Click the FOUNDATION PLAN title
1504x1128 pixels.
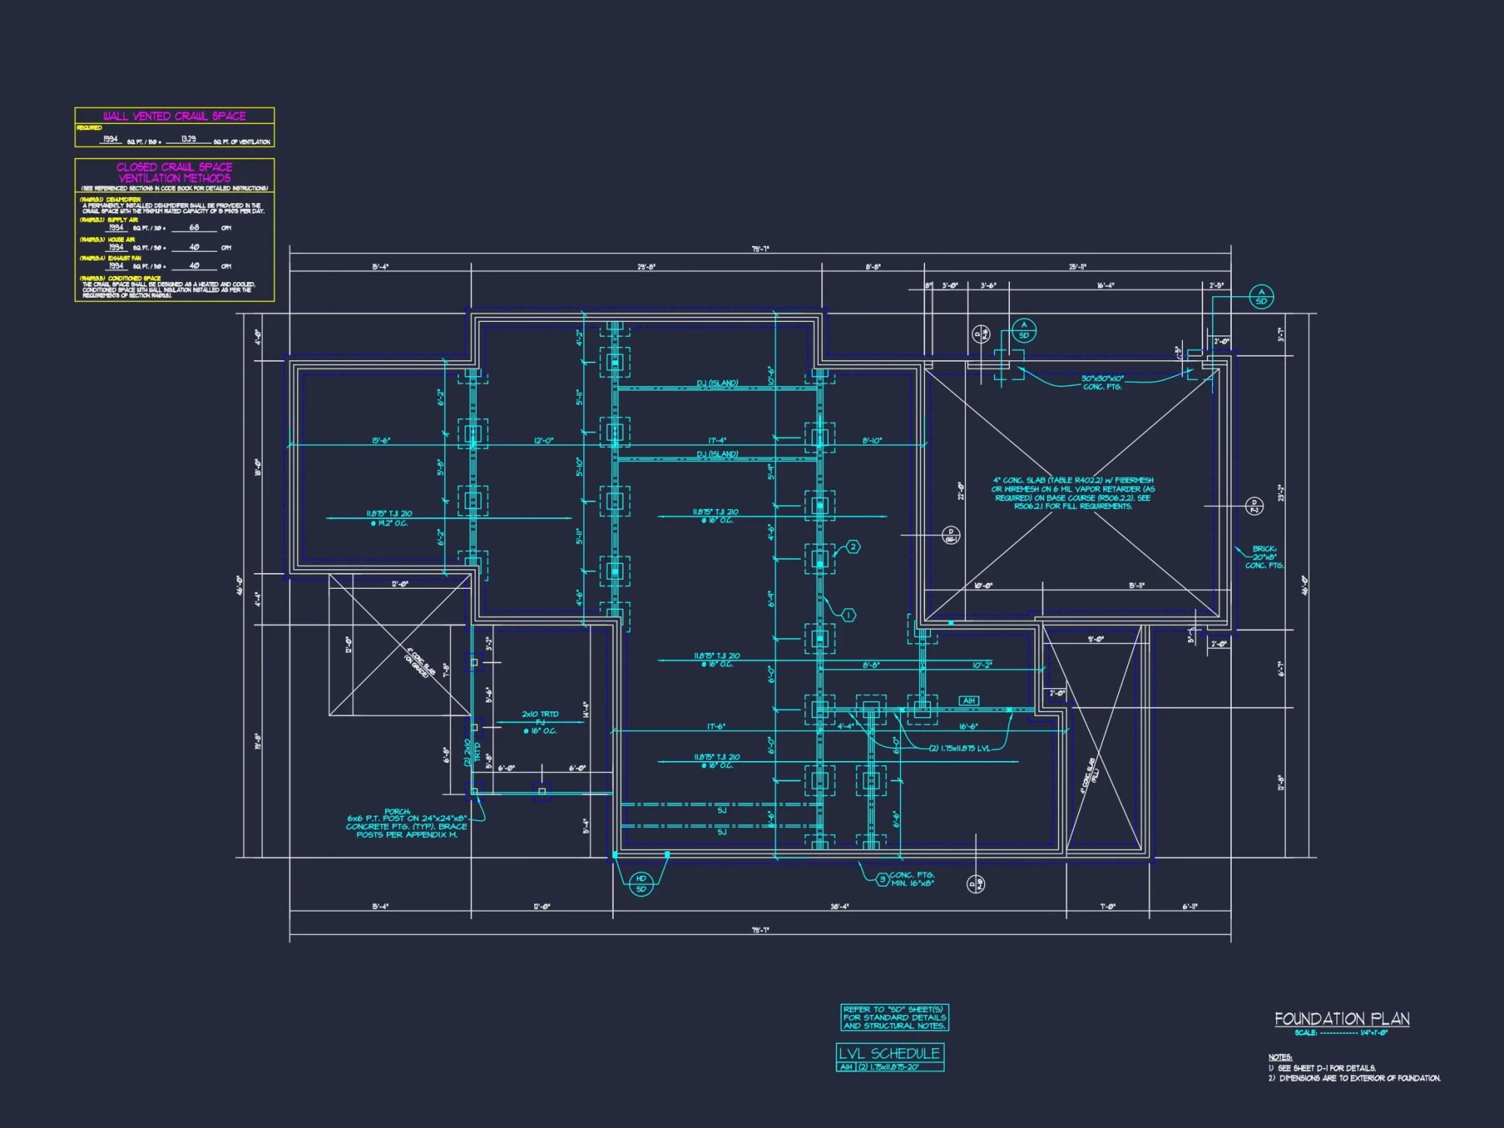point(1342,1019)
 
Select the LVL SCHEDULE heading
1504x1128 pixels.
point(890,1053)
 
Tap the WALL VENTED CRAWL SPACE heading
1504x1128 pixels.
point(174,116)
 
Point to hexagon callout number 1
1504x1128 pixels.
point(848,615)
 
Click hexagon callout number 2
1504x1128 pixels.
point(853,547)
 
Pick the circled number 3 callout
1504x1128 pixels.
point(883,879)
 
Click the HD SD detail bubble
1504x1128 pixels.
point(641,884)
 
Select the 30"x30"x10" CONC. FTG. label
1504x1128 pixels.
point(1102,383)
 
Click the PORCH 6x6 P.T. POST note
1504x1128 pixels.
point(406,823)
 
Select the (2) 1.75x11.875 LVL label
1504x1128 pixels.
point(960,748)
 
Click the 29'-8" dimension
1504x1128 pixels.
point(646,267)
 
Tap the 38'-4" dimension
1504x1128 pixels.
point(839,907)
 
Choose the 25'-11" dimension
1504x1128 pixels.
point(1078,267)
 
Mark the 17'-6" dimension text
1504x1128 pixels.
point(716,726)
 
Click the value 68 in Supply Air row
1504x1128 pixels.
point(194,227)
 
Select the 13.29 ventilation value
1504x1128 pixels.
point(188,139)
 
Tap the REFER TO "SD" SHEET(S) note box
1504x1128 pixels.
point(894,1017)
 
